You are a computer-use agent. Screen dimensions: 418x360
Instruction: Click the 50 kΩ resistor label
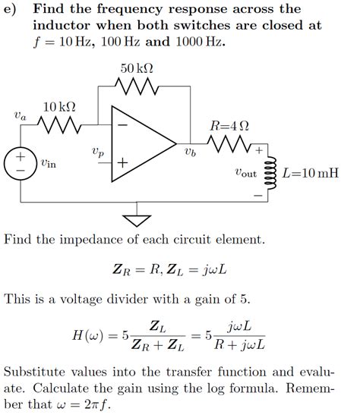[137, 69]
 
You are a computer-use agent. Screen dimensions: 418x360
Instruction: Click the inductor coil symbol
[270, 172]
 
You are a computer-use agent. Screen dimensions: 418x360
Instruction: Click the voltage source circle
[21, 164]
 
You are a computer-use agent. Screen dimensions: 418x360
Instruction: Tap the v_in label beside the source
[47, 162]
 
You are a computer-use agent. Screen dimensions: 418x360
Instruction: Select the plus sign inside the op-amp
[122, 163]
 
